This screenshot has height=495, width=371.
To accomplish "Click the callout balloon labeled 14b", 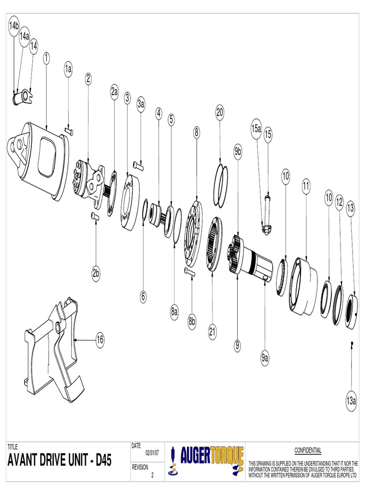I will pos(14,27).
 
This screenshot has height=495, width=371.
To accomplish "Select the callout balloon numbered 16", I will pos(100,340).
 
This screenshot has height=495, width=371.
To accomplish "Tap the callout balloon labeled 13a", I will pos(351,401).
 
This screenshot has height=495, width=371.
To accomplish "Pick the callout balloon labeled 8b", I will pos(192,320).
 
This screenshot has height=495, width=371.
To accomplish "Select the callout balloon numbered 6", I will pos(143,296).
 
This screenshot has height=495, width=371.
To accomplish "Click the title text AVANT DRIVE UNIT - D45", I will pos(59,461).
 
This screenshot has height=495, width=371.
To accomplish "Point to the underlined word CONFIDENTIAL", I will pos(308,450).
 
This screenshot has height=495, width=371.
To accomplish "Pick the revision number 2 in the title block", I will pos(152,475).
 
